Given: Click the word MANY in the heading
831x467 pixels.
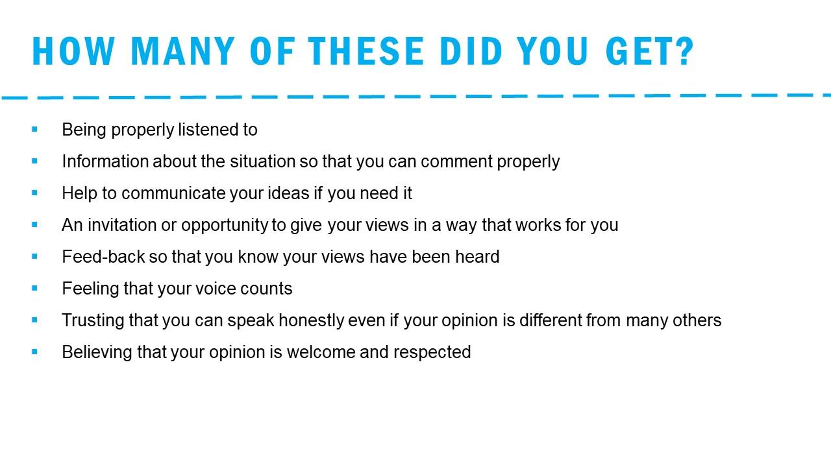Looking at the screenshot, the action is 182,51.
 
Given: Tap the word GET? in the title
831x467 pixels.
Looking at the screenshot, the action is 650,51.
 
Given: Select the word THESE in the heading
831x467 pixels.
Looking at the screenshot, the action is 366,51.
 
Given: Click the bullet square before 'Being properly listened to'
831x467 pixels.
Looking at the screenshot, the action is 34,129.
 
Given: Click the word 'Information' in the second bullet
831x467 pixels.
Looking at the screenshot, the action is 105,162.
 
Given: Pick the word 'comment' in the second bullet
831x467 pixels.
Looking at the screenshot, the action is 456,162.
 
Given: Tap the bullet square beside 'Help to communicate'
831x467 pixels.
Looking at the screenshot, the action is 34,193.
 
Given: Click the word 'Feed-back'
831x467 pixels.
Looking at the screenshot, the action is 103,257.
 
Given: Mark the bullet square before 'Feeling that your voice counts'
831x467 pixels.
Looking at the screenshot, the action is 34,288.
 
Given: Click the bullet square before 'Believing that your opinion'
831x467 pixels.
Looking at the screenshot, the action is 34,352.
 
